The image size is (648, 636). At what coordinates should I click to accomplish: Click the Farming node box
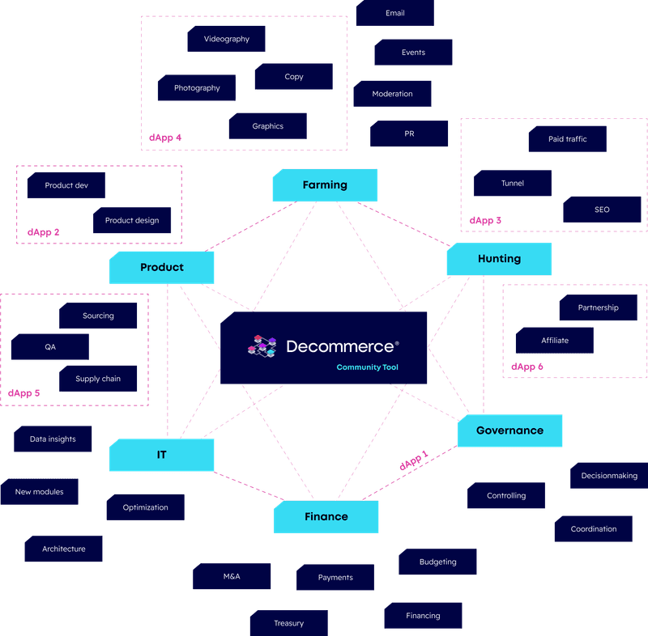click(324, 185)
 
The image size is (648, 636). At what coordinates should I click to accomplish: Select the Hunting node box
click(499, 259)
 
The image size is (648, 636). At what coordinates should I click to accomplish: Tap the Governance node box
click(509, 430)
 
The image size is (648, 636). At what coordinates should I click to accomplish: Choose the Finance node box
click(326, 516)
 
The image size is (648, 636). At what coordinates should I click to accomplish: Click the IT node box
click(162, 455)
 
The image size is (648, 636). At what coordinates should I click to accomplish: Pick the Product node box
click(162, 267)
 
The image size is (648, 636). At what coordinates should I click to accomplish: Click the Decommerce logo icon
click(262, 346)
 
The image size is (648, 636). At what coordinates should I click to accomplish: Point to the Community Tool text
click(367, 367)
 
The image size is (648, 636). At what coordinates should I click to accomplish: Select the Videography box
click(227, 39)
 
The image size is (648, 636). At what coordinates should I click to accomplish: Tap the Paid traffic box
click(567, 139)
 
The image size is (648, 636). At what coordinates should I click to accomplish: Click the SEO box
click(602, 210)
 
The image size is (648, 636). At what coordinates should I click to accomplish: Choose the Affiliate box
click(555, 341)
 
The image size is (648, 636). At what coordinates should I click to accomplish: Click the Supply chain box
click(98, 379)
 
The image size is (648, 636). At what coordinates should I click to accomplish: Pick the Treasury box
click(288, 623)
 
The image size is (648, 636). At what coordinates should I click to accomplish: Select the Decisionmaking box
click(608, 476)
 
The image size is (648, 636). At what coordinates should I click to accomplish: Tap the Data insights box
click(53, 439)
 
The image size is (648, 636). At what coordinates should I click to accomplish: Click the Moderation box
click(392, 94)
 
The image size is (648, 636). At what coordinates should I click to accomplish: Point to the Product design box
click(132, 220)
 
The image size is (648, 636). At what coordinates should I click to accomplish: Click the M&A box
click(232, 576)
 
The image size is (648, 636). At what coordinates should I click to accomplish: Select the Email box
click(395, 14)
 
